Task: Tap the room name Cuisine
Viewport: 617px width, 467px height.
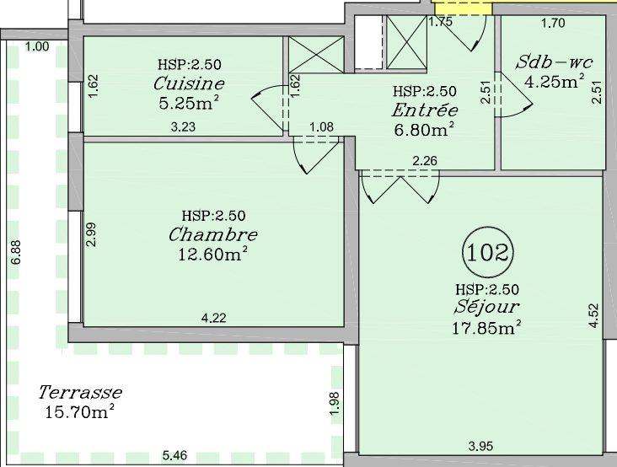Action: pyautogui.click(x=189, y=83)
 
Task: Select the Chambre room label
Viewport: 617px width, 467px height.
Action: pyautogui.click(x=212, y=234)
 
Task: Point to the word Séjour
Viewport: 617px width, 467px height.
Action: pyautogui.click(x=487, y=308)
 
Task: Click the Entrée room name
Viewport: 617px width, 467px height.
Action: pyautogui.click(x=425, y=110)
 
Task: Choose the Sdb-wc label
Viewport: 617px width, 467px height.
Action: pyautogui.click(x=553, y=63)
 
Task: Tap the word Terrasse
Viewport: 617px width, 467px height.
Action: pyautogui.click(x=80, y=392)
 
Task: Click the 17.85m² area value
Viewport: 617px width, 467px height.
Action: pyautogui.click(x=487, y=327)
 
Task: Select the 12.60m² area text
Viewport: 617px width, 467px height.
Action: pyautogui.click(x=212, y=253)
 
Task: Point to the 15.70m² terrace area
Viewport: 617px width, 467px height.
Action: pyautogui.click(x=80, y=411)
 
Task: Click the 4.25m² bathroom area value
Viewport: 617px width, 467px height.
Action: pyautogui.click(x=555, y=82)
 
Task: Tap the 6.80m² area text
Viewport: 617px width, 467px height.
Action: pyautogui.click(x=425, y=130)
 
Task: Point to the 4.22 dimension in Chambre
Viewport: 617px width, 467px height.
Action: pyautogui.click(x=213, y=318)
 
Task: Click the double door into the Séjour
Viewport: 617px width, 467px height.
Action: pyautogui.click(x=400, y=185)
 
